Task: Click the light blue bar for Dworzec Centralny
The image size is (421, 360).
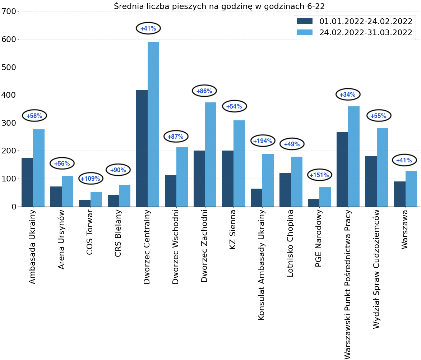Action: coord(153,124)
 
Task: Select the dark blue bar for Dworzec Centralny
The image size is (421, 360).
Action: coord(142,148)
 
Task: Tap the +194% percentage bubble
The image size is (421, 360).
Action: coord(263,141)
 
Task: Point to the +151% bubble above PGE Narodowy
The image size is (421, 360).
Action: coord(320,175)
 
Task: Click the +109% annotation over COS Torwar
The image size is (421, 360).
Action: coord(91,178)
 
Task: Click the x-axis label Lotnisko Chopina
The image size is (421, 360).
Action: coord(290,243)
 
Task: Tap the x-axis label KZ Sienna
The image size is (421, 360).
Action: coord(233,230)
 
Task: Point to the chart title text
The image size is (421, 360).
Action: coord(219,6)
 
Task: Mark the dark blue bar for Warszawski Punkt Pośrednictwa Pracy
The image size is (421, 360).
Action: coord(342,169)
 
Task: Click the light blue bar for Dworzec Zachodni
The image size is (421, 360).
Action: coord(210,154)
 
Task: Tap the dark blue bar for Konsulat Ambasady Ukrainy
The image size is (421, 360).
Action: coord(256,198)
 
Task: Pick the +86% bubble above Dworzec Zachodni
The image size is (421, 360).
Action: coord(204,91)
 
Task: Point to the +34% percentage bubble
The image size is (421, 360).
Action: coord(348,94)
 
